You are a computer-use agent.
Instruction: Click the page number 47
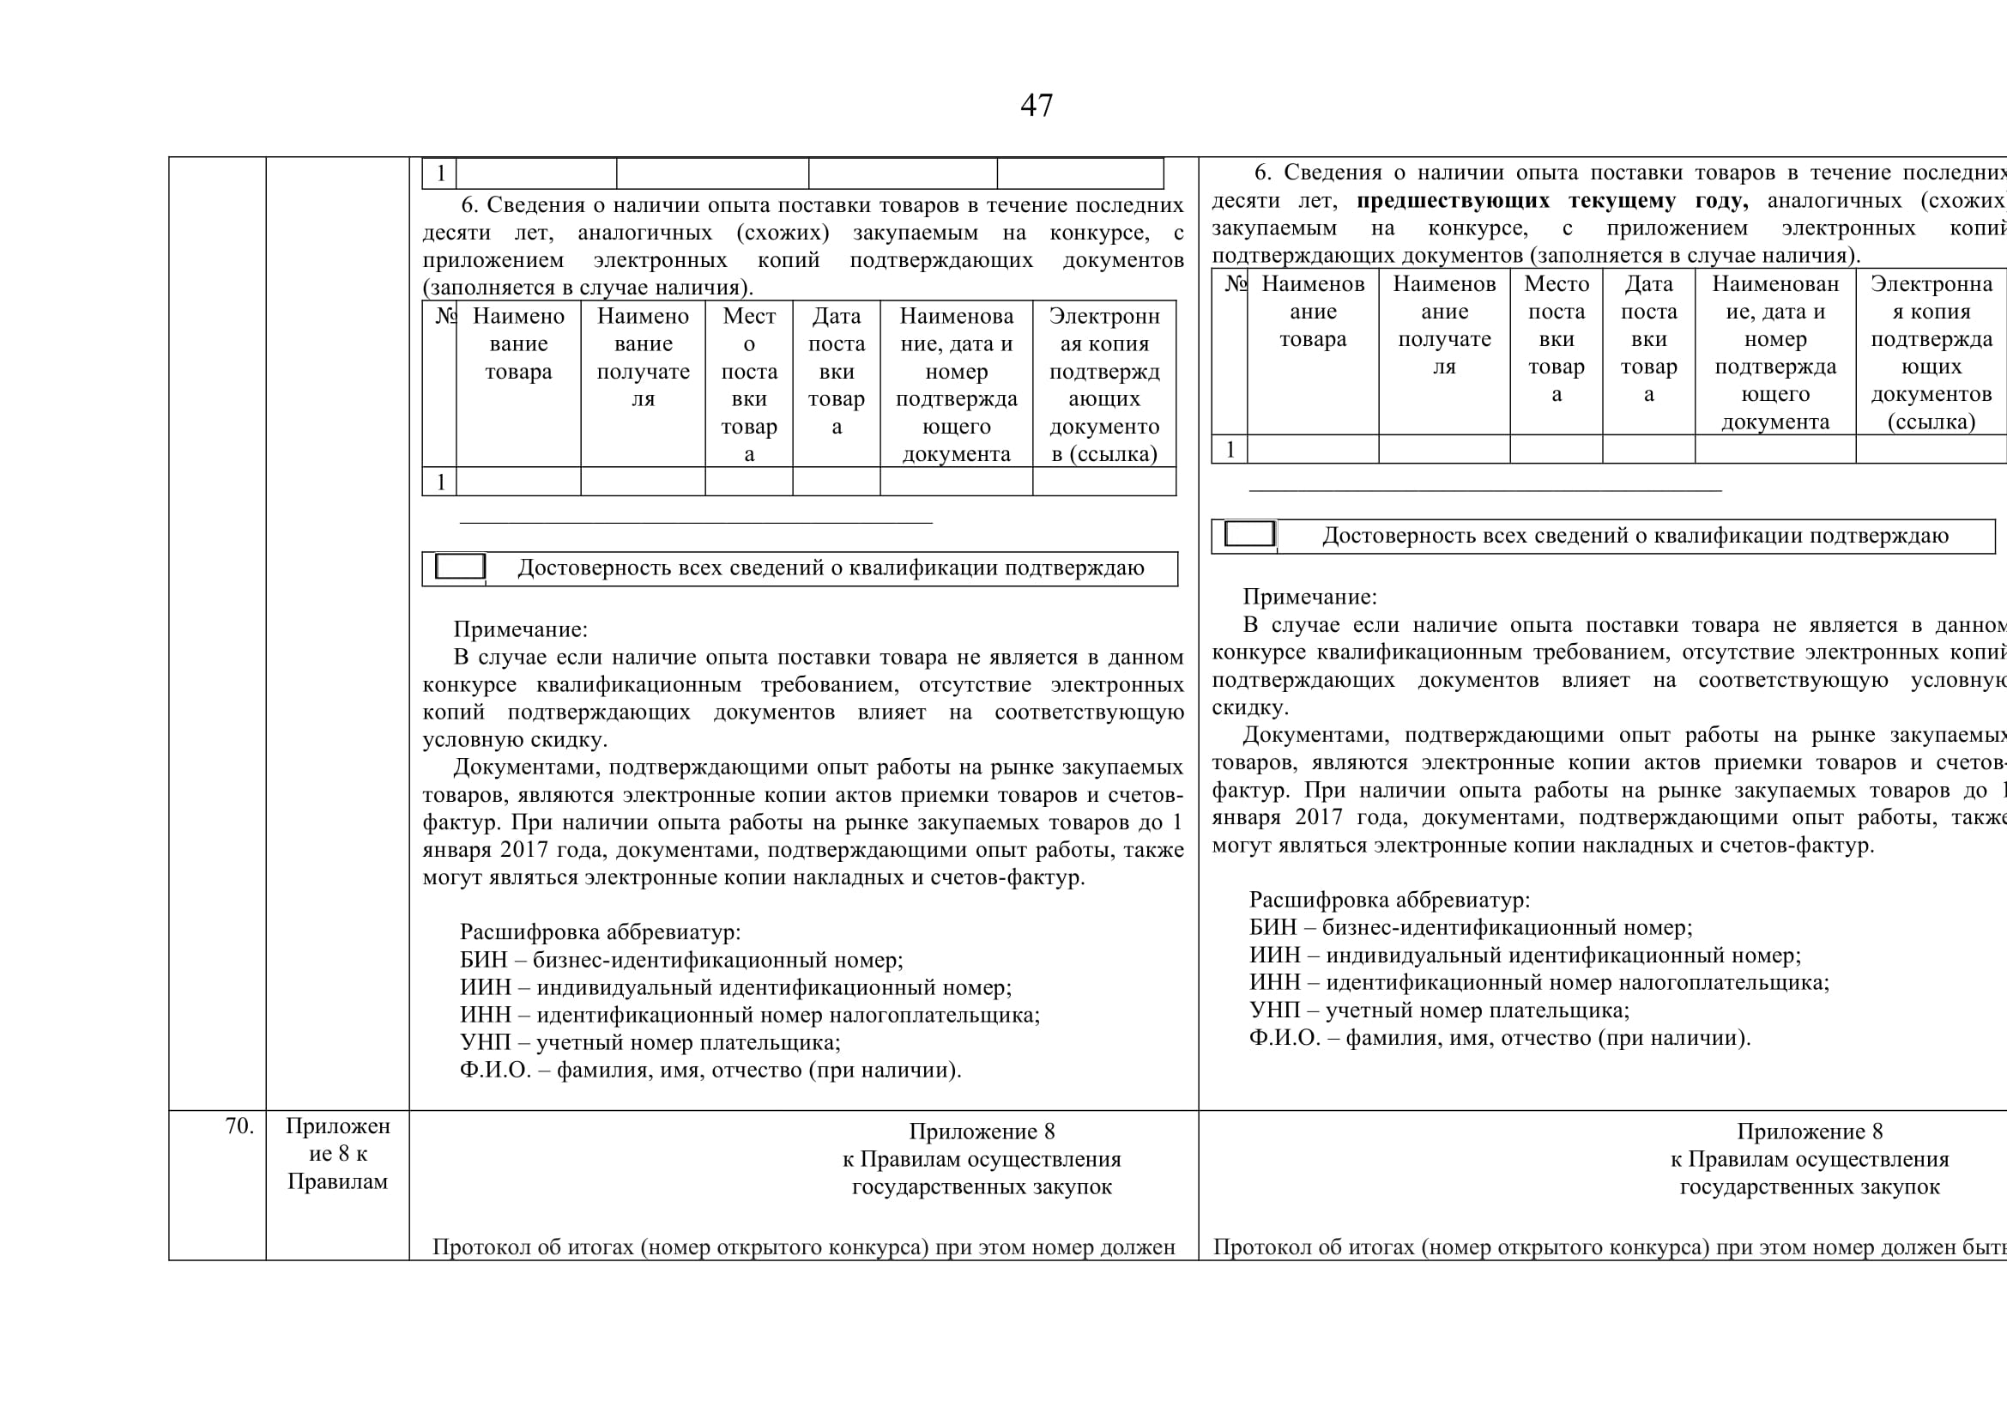(1037, 106)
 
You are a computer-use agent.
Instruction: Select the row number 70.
(239, 1126)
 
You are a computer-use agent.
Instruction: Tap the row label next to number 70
(337, 1153)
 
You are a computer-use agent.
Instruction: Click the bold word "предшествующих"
(1453, 201)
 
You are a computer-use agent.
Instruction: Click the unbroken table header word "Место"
(1556, 284)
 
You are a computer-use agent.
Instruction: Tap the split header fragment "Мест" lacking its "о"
(748, 317)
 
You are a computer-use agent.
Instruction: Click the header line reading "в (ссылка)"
(1104, 455)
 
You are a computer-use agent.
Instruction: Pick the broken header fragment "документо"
(1104, 427)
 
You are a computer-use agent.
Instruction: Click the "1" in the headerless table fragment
(440, 173)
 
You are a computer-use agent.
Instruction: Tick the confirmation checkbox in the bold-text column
(1249, 533)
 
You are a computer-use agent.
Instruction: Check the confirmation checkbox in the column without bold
(460, 566)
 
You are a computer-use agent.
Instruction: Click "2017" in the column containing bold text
(1319, 817)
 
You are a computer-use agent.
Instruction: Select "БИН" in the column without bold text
(483, 960)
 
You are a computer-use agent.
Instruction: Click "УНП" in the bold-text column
(1274, 1010)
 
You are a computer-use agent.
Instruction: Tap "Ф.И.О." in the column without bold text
(496, 1071)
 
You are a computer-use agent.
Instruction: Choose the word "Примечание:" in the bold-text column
(1309, 598)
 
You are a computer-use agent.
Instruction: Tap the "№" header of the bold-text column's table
(1234, 284)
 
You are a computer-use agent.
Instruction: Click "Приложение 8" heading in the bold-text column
(1809, 1132)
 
